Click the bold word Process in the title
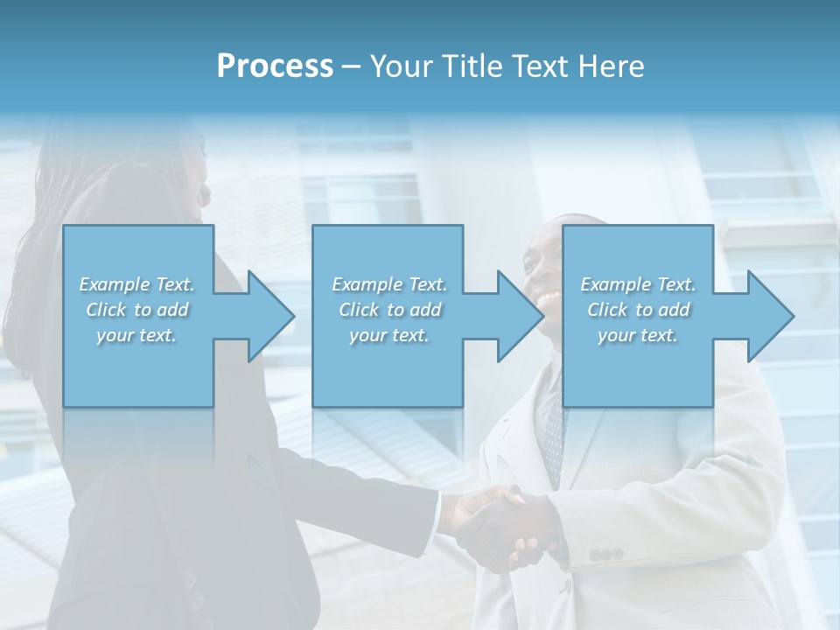pos(275,66)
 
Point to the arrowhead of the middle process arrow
pos(519,316)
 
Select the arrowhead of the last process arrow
pos(769,316)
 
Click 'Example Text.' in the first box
pos(137,284)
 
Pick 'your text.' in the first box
pos(137,335)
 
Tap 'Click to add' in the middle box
pos(389,310)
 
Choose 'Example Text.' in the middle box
pos(389,284)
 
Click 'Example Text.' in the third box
pos(638,284)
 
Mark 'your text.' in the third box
pos(638,335)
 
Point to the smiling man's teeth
pos(549,299)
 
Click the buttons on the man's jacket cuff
pos(605,555)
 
